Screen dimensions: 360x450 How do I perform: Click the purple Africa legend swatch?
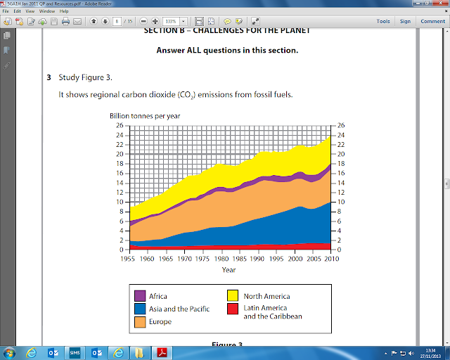click(x=139, y=297)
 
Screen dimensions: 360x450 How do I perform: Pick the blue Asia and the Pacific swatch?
click(x=139, y=309)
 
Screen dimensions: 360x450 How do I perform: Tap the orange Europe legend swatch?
click(x=139, y=321)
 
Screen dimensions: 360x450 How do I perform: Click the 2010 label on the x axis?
click(x=330, y=259)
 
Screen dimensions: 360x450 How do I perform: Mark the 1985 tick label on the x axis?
click(x=240, y=259)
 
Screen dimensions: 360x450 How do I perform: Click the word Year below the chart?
click(x=229, y=269)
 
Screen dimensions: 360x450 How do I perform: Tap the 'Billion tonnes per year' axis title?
click(x=144, y=115)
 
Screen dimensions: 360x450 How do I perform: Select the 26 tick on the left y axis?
click(x=120, y=125)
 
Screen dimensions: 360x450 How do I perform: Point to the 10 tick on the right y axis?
click(x=341, y=202)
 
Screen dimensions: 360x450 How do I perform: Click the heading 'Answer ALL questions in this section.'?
click(x=227, y=50)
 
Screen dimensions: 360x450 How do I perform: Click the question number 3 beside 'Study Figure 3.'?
click(x=49, y=76)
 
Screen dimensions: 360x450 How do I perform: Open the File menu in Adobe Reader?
click(x=6, y=11)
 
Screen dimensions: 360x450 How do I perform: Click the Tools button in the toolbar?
click(x=383, y=21)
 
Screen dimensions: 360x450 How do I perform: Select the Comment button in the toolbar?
click(x=432, y=21)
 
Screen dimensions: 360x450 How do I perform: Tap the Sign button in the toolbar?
click(x=406, y=21)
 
